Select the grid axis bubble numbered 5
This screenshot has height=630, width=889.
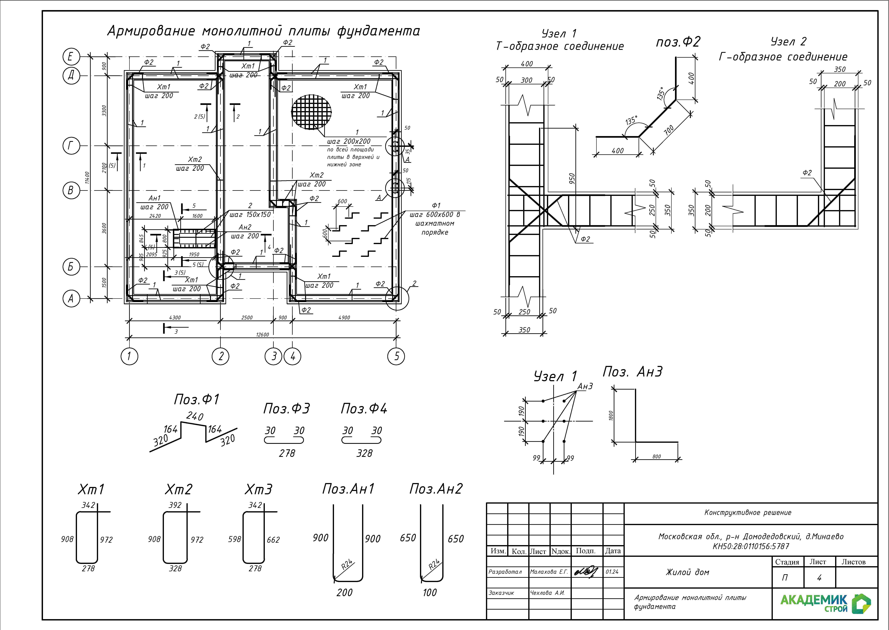396,356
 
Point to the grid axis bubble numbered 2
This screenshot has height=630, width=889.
221,356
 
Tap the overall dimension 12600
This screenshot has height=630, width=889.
263,334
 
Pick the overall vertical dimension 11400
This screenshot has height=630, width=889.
87,178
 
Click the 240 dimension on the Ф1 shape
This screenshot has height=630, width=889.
195,416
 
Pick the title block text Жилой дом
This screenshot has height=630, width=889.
687,572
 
